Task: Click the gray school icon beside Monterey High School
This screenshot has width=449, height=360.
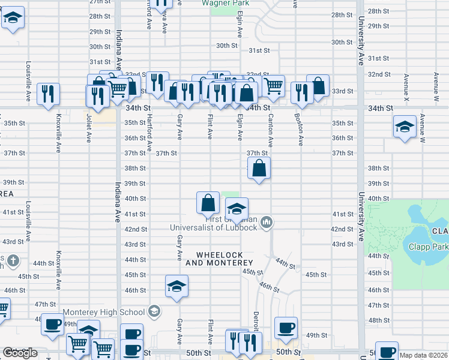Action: coord(154,311)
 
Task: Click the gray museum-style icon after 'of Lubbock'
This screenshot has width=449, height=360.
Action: coord(267,223)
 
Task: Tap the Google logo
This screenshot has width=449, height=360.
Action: coord(20,353)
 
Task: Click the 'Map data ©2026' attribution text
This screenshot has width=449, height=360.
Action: coord(424,355)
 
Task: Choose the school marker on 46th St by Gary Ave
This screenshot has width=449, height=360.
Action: coord(176,286)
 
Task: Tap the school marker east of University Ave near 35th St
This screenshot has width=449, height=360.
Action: coord(405,127)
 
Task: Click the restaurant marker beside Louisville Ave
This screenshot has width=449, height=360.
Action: coord(47,94)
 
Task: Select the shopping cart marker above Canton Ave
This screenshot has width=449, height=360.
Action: coord(274,86)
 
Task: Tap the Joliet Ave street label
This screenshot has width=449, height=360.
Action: coord(88,128)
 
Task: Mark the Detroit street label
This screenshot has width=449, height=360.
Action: coord(256,322)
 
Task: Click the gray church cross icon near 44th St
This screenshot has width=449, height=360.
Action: coord(13,260)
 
